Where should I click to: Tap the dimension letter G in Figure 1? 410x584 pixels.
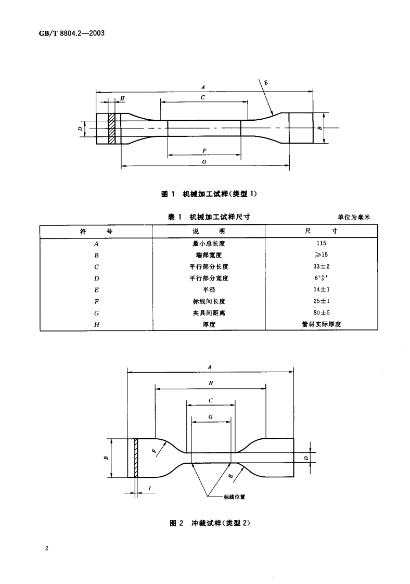[204, 162]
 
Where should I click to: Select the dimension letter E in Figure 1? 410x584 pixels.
[265, 82]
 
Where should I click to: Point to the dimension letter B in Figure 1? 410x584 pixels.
[319, 127]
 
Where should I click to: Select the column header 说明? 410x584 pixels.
[209, 232]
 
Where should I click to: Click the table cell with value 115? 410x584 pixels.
[321, 243]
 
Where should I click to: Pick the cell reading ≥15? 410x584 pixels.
[321, 255]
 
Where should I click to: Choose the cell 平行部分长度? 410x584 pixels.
[209, 266]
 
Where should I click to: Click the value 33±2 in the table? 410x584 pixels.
[321, 266]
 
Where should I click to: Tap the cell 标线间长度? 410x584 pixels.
[209, 301]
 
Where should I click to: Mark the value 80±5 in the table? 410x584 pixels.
[321, 312]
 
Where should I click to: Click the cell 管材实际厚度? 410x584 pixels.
[321, 324]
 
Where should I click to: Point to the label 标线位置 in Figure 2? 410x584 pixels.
[234, 497]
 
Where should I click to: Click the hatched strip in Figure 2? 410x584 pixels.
[136, 458]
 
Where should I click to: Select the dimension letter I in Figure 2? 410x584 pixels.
[150, 488]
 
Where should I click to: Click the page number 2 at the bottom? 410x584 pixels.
[47, 549]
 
